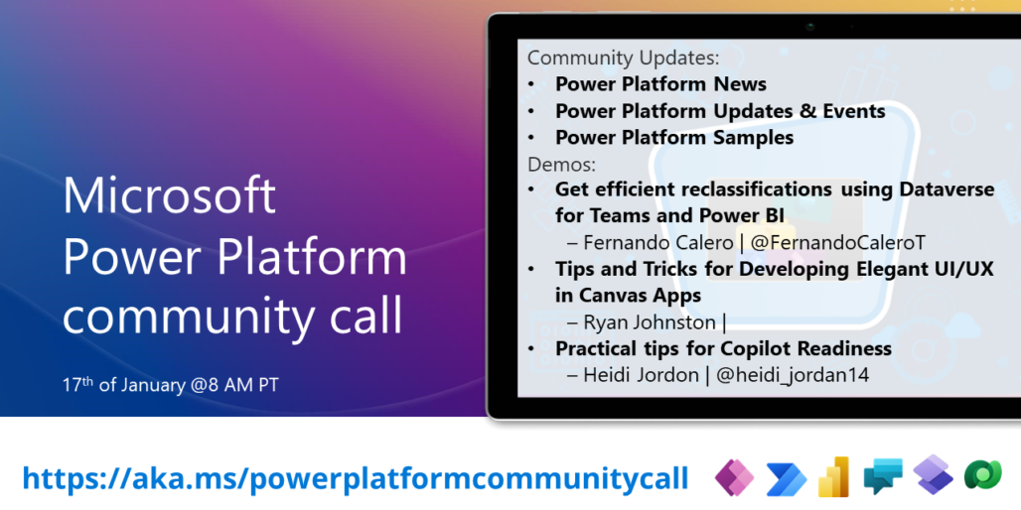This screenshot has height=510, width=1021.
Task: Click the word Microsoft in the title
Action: tap(170, 195)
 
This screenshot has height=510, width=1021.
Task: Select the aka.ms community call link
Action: tap(355, 478)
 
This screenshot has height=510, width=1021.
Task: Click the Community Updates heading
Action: tap(623, 58)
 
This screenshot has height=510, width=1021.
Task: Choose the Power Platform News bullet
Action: tap(660, 84)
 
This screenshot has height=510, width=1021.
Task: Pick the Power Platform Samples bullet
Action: tap(673, 138)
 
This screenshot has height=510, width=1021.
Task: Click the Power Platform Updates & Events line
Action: tap(720, 111)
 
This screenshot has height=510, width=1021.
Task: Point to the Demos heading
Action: tap(561, 164)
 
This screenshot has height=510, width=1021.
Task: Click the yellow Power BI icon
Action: tap(832, 478)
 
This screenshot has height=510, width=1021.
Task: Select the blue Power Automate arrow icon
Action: tap(785, 479)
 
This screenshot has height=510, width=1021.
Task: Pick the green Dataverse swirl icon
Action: tap(982, 476)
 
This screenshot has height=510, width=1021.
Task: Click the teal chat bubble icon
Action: tap(882, 478)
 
